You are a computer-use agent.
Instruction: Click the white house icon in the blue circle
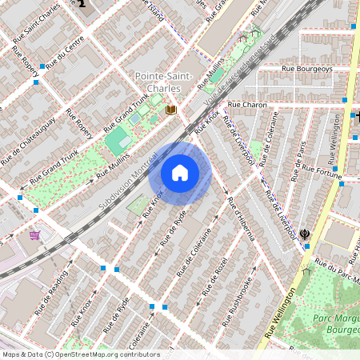[180, 172]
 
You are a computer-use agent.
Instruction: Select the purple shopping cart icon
[34, 234]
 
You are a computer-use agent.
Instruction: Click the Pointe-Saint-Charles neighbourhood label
[163, 81]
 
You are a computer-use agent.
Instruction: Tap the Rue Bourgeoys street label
[307, 69]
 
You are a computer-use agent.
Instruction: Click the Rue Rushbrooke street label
[241, 297]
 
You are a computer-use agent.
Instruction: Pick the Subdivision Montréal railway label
[127, 179]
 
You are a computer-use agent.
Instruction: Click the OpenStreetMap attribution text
[80, 354]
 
